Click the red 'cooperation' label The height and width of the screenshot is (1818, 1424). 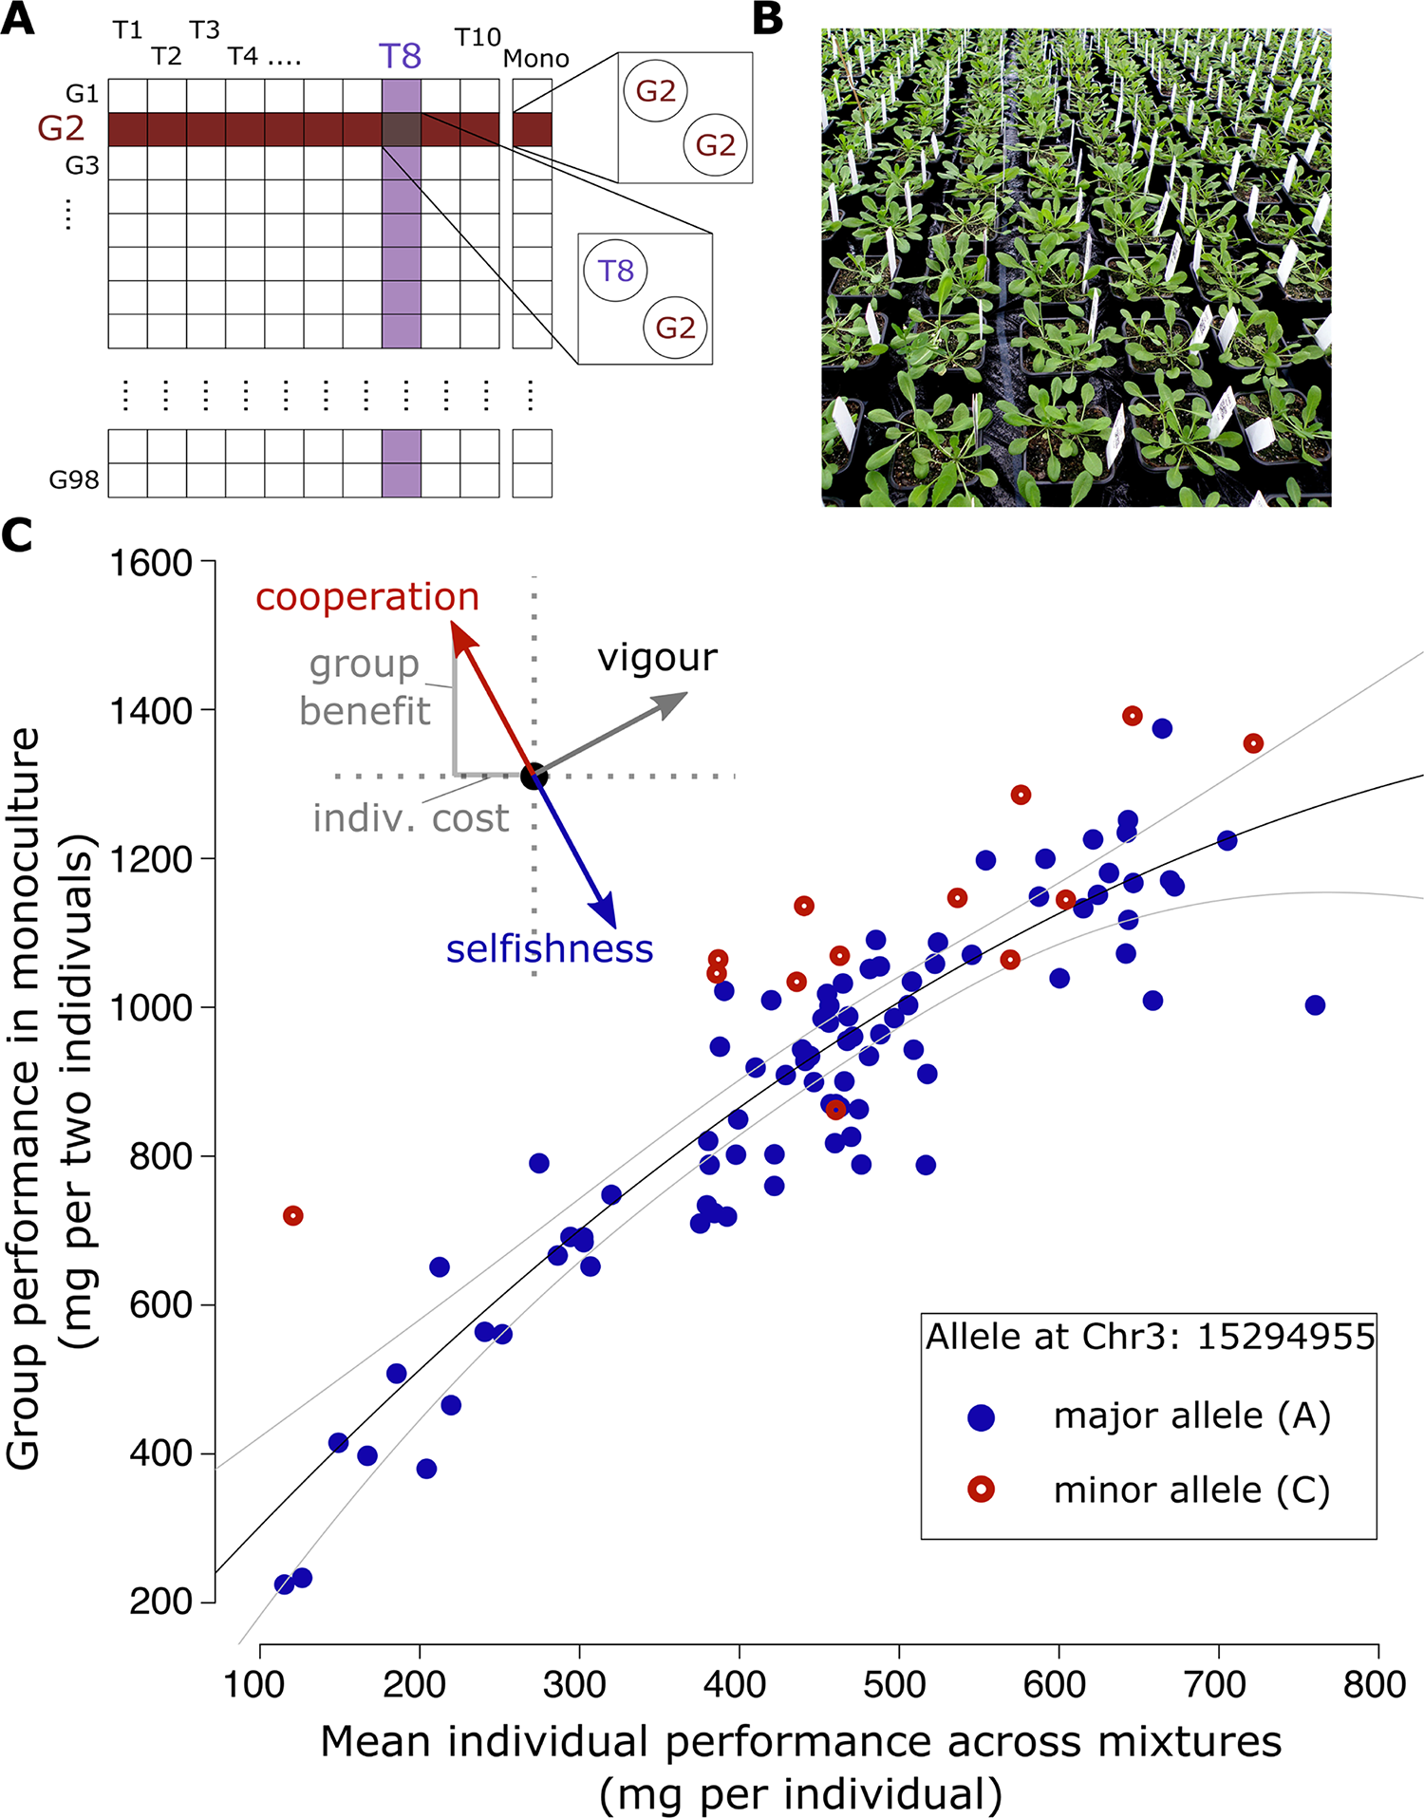(367, 597)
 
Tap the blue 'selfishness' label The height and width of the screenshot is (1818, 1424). (550, 948)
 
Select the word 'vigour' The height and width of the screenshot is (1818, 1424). (657, 658)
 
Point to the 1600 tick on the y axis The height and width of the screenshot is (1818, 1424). (151, 563)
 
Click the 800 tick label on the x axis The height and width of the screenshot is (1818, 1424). (1375, 1684)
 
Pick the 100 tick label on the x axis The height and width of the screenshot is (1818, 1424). (254, 1684)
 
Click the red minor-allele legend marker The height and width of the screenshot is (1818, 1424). (981, 1489)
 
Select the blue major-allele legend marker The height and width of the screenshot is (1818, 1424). (981, 1417)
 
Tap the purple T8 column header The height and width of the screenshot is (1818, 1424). (400, 57)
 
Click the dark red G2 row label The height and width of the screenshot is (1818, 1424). (61, 128)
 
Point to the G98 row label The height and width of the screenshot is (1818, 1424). (74, 479)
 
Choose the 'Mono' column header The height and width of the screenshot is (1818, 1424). (536, 59)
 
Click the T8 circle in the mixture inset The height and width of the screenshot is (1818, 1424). (615, 272)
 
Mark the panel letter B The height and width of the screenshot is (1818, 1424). (768, 20)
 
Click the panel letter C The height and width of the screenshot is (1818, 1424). (17, 536)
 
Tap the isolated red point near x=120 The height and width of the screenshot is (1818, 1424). (293, 1215)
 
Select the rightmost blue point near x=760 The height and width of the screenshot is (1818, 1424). (1315, 1005)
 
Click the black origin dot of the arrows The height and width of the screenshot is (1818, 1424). (534, 777)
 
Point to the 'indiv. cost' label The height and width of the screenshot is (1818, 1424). (411, 818)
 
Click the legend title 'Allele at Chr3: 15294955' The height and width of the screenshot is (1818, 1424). (1150, 1337)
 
